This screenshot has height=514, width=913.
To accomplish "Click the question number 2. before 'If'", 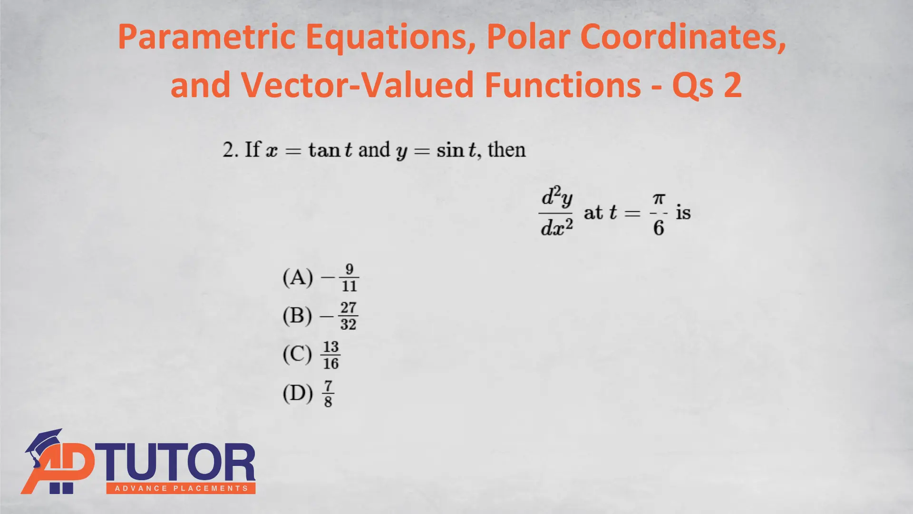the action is (230, 150).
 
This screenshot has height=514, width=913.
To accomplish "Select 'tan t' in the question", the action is (330, 150).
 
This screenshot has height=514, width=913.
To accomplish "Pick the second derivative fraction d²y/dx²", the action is (556, 212).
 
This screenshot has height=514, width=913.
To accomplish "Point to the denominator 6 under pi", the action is (659, 227).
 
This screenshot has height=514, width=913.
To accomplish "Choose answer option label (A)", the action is (298, 277).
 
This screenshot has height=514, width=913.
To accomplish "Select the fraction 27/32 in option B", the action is (349, 316).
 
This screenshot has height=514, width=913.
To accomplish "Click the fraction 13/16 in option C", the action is (331, 355).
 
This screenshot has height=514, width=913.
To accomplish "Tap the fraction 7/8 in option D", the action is (328, 394).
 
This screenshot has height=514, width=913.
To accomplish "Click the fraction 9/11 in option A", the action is (350, 277).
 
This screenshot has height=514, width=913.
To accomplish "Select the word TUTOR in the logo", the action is (177, 463).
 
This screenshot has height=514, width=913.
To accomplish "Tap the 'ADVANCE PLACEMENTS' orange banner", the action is (181, 488).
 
